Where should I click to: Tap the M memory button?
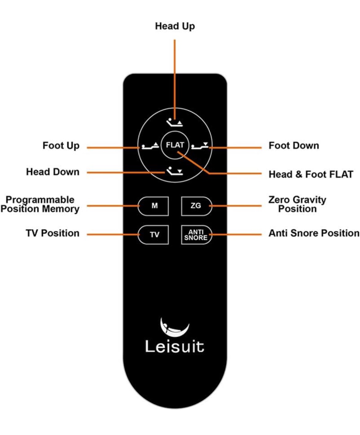(x=153, y=206)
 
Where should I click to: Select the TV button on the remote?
(x=153, y=235)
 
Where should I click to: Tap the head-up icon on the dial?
(x=174, y=122)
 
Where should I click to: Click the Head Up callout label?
(x=175, y=26)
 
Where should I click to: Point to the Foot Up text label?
(x=61, y=146)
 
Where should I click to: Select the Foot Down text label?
(x=294, y=146)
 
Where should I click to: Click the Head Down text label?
(x=53, y=172)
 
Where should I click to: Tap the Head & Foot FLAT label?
(x=311, y=174)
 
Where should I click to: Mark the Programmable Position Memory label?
(x=40, y=204)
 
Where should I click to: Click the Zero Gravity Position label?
(x=297, y=204)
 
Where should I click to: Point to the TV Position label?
(x=53, y=233)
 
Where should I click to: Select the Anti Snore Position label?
(x=314, y=233)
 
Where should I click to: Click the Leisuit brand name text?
(x=174, y=346)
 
